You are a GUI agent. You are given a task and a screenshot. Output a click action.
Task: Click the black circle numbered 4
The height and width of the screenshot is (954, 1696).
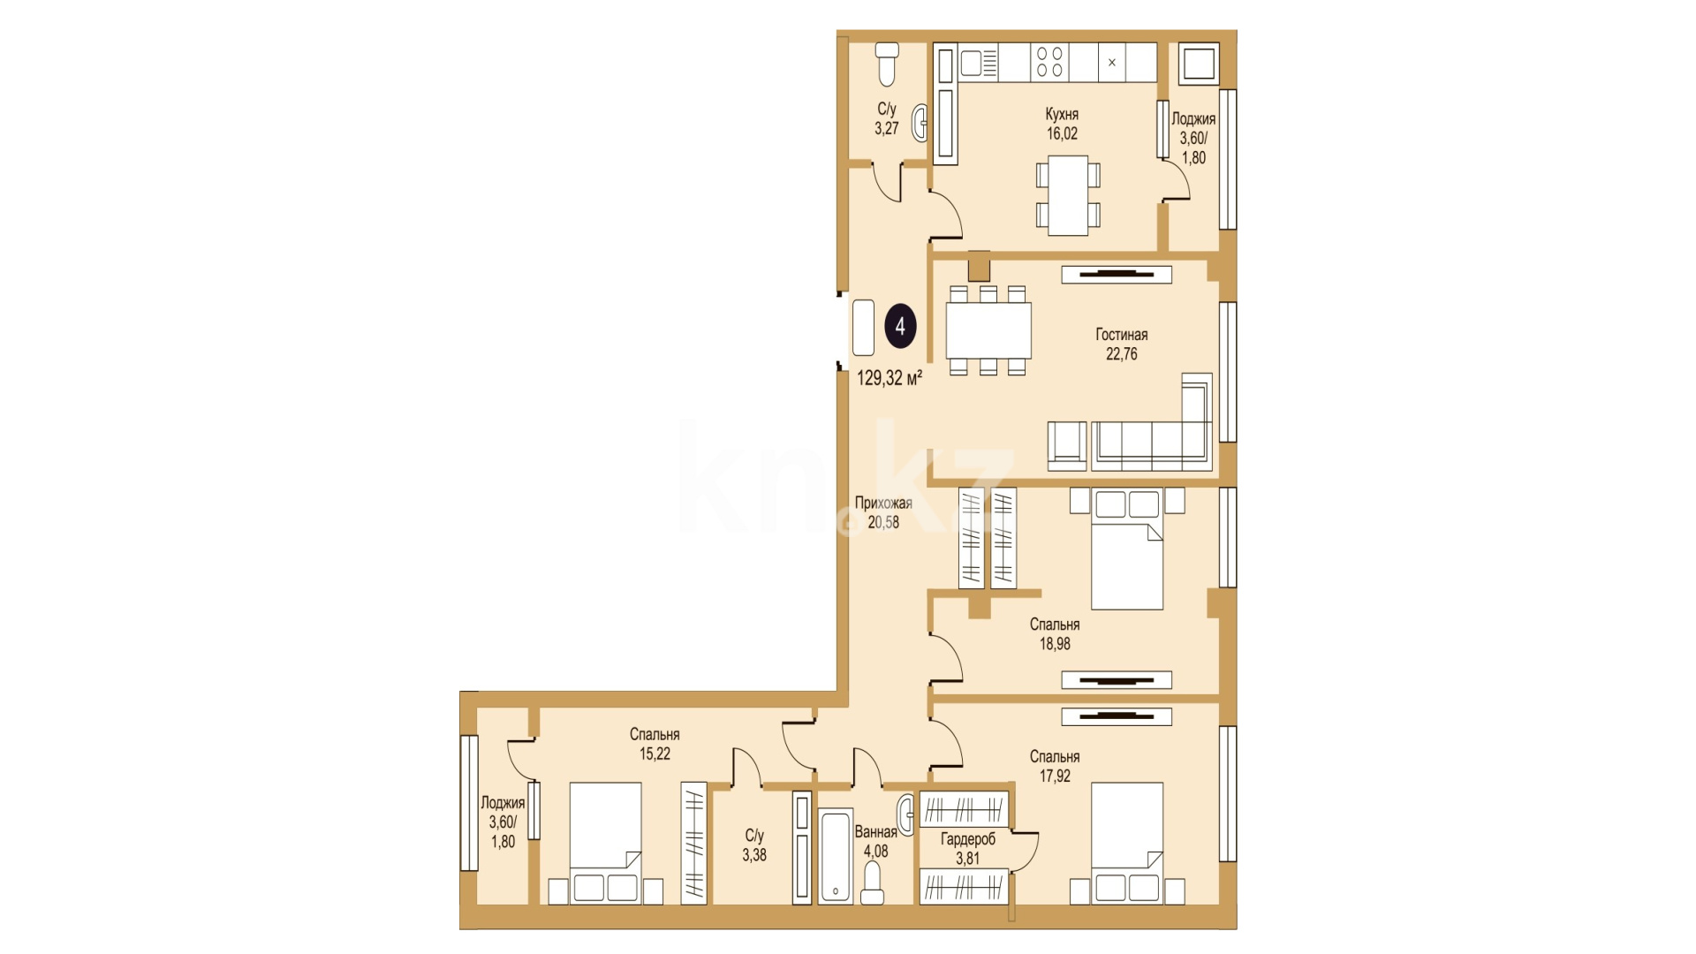(900, 327)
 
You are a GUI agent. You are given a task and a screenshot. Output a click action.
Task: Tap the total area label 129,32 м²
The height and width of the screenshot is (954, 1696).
(890, 378)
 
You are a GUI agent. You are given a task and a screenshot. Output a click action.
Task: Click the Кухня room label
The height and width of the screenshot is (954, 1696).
(1062, 115)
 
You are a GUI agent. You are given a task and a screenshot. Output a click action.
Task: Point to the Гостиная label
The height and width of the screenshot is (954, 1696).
(1122, 335)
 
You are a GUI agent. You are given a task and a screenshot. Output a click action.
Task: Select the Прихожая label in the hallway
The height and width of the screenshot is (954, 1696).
(883, 503)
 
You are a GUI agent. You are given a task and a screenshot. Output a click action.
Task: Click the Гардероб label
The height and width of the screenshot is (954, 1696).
(968, 839)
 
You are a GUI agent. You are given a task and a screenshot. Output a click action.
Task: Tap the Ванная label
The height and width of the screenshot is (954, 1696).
(875, 832)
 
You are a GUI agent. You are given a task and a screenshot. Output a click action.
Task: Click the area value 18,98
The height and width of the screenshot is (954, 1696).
(1055, 644)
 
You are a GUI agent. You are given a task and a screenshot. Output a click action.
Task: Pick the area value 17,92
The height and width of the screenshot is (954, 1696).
(1055, 776)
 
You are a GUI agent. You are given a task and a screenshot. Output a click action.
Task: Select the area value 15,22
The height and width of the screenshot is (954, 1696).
(655, 754)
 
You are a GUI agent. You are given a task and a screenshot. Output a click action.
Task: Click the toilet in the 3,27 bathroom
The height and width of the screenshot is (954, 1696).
(887, 64)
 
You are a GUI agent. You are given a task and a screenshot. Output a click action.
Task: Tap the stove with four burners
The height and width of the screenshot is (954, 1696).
(1049, 63)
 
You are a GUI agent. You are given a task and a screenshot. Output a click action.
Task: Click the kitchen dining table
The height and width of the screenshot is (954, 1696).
(1068, 196)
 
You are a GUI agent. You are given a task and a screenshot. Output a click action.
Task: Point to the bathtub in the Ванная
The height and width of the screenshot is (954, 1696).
(836, 856)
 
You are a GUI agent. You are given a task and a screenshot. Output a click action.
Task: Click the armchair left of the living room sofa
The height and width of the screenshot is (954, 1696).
(1067, 446)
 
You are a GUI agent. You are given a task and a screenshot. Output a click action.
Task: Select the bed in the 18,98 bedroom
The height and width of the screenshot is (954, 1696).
(1127, 549)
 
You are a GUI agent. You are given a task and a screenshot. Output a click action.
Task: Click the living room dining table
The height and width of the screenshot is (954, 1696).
(988, 329)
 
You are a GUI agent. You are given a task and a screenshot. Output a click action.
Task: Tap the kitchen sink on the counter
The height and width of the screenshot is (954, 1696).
(979, 63)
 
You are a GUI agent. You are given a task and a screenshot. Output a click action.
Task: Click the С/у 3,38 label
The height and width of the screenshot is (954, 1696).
(754, 845)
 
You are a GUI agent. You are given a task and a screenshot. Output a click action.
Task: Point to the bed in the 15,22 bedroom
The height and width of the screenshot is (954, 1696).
(606, 843)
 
